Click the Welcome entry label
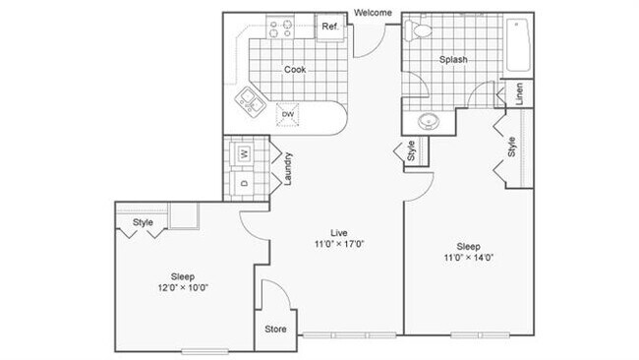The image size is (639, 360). point(374,13)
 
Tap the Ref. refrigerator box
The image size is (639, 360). point(330,28)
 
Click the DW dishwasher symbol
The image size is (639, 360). point(289,114)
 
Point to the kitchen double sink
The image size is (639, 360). point(248,98)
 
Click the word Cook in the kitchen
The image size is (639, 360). point(295,70)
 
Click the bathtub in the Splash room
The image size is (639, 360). point(519,46)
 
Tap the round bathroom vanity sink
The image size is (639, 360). point(429,122)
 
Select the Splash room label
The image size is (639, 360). point(453,60)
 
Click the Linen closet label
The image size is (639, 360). point(519,94)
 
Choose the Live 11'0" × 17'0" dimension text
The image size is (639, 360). point(339,238)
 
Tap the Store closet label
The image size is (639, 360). point(276,329)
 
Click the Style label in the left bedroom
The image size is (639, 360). point(145,223)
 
